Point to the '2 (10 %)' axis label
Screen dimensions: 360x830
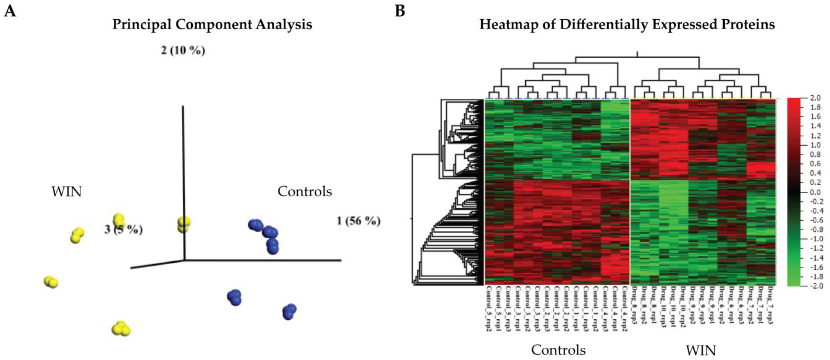coord(183,51)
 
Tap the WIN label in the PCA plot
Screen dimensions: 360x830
coord(67,192)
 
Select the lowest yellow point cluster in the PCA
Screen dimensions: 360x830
coord(121,328)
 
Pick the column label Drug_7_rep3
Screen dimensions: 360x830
coord(771,305)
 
